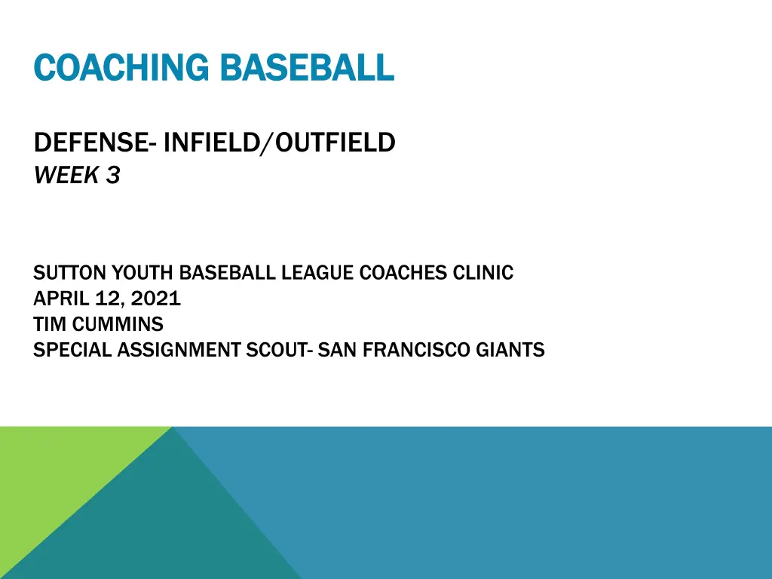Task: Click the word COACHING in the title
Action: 121,67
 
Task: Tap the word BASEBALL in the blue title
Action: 308,67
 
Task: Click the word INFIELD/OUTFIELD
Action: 279,142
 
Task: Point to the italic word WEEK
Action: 66,175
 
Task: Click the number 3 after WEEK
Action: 113,175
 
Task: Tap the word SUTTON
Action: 69,273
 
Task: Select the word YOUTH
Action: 142,273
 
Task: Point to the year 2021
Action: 155,299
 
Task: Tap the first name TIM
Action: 50,324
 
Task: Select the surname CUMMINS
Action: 118,324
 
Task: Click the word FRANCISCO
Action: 416,350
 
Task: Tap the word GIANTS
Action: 510,350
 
